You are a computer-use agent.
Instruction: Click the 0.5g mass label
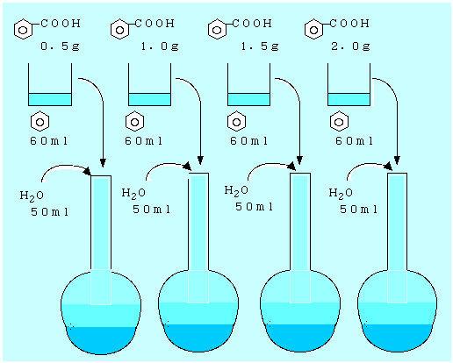[x=60, y=46]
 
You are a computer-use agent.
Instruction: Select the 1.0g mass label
[x=160, y=46]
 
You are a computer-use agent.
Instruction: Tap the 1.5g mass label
[x=260, y=46]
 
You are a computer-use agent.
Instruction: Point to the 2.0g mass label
[x=350, y=46]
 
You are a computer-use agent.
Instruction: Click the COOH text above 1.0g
[x=155, y=24]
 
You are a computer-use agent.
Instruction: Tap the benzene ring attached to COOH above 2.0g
[x=313, y=29]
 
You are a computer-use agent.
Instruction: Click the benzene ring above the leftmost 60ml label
[x=40, y=121]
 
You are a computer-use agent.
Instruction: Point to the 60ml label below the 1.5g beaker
[x=248, y=141]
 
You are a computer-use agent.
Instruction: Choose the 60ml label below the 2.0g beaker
[x=354, y=141]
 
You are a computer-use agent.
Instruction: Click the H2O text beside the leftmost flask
[x=32, y=196]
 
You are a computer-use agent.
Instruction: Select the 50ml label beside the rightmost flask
[x=358, y=210]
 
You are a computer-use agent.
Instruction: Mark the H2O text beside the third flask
[x=236, y=191]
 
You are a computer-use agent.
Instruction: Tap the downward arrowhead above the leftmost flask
[x=103, y=162]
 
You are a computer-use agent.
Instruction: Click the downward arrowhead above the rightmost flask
[x=397, y=160]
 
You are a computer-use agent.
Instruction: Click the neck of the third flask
[x=300, y=222]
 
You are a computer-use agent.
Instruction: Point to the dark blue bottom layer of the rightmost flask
[x=398, y=338]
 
